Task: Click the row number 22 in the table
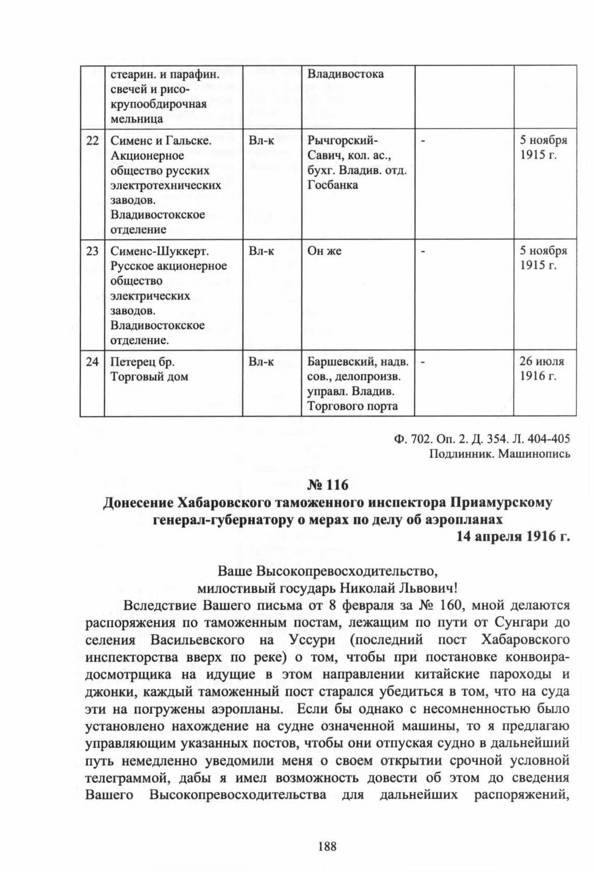click(x=92, y=141)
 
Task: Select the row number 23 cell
click(x=92, y=251)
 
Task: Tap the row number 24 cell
click(x=92, y=362)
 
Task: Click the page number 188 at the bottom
click(x=328, y=847)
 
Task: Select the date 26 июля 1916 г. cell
click(x=542, y=368)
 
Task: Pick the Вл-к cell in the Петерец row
click(x=261, y=362)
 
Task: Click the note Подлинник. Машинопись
click(x=500, y=454)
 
